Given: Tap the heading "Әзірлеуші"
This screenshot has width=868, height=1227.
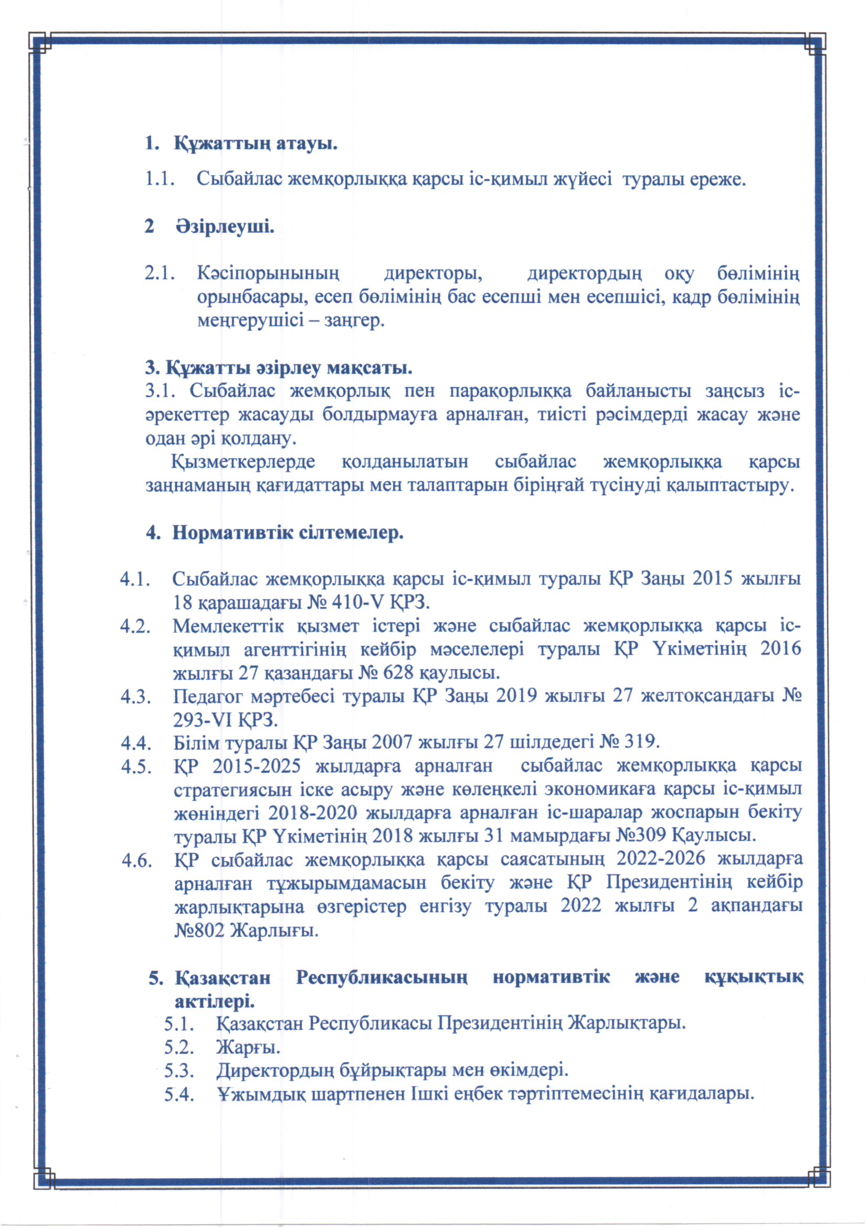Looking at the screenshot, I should pos(225,227).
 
